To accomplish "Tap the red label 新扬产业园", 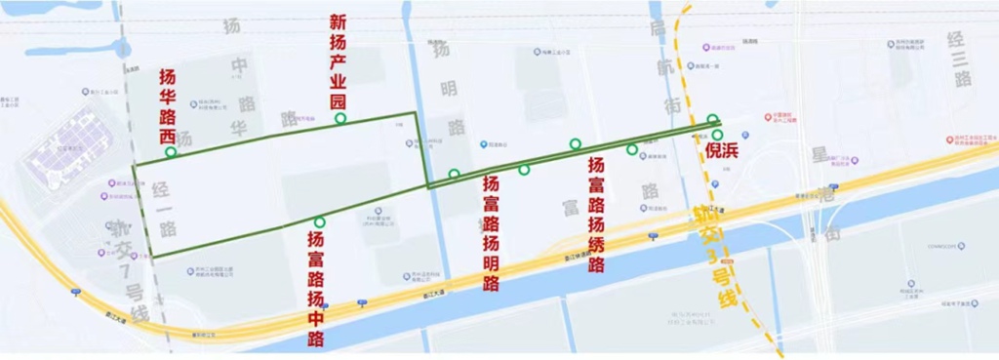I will (x=339, y=60).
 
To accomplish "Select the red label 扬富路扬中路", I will (x=316, y=288).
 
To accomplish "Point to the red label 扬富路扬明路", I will (x=491, y=233).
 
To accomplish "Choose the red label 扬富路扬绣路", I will (x=596, y=216).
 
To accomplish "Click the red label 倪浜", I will (x=720, y=153).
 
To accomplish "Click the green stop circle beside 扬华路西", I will (x=171, y=152).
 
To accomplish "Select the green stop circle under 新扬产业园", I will (x=340, y=118).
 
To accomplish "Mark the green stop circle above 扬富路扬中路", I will (x=319, y=222).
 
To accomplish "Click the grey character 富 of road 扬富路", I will (x=571, y=206).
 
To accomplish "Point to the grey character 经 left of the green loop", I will (x=162, y=191).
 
